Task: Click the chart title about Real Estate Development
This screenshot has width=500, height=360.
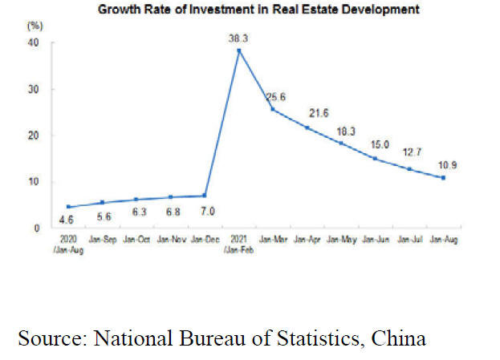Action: [259, 10]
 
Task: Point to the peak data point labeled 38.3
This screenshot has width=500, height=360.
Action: [239, 51]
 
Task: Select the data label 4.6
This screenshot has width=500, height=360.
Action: [67, 219]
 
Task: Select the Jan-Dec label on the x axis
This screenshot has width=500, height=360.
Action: [205, 239]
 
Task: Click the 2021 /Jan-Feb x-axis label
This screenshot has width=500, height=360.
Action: [239, 243]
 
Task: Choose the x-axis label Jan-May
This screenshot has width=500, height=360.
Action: [341, 239]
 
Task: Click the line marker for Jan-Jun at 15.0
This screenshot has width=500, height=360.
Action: [375, 158]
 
